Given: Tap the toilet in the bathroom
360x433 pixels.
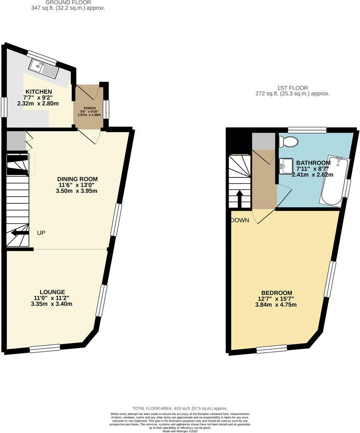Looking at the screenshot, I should [288, 142].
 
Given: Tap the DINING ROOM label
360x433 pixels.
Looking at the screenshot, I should [77, 179].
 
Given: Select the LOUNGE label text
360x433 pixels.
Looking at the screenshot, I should [52, 292].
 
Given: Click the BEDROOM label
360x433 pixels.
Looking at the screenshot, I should [277, 293].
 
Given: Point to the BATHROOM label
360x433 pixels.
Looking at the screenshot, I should [313, 163].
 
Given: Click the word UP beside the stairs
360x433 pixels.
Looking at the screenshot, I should [41, 233].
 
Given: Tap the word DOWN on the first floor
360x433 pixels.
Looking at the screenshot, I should [240, 220].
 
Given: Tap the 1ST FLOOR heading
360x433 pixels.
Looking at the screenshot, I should [293, 88].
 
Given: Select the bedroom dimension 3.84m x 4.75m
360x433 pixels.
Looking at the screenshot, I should [277, 305].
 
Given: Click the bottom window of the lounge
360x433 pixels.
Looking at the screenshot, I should [44, 348].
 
